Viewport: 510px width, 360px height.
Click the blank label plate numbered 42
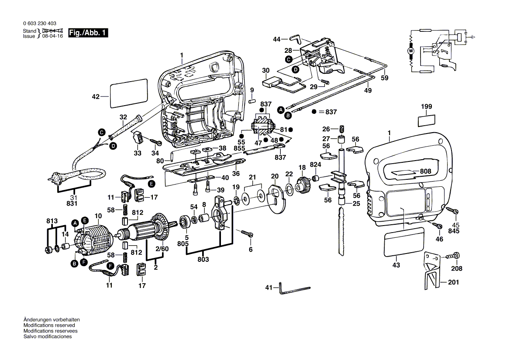[x=128, y=93]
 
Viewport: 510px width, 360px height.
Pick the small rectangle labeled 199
[x=426, y=120]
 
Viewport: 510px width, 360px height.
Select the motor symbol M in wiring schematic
[x=410, y=51]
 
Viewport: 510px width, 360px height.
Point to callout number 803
[x=203, y=259]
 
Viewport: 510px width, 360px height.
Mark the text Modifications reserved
[x=49, y=326]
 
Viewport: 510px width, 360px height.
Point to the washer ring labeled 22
[x=289, y=188]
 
